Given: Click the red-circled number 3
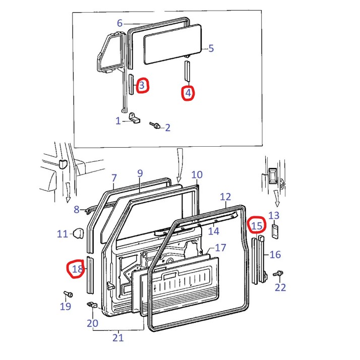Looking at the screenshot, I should (142, 85).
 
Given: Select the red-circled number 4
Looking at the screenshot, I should (188, 93).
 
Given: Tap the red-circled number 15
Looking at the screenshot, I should (257, 225).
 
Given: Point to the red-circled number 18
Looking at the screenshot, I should (77, 269).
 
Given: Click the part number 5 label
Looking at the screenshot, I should (211, 48).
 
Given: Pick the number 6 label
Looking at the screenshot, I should (119, 23).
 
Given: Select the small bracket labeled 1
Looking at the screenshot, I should (135, 118).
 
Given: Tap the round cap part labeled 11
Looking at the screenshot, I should (78, 233).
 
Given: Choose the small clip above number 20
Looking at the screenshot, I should (92, 305).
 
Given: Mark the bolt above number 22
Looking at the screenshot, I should (277, 274).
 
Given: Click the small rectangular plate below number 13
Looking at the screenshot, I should (274, 231).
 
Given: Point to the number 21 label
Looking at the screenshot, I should (117, 338).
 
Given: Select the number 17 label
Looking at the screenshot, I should (220, 248).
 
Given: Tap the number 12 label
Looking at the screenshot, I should (225, 197).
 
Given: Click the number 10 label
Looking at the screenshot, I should (197, 175).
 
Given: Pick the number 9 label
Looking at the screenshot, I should (140, 173).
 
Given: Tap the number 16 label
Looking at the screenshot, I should (275, 254).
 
